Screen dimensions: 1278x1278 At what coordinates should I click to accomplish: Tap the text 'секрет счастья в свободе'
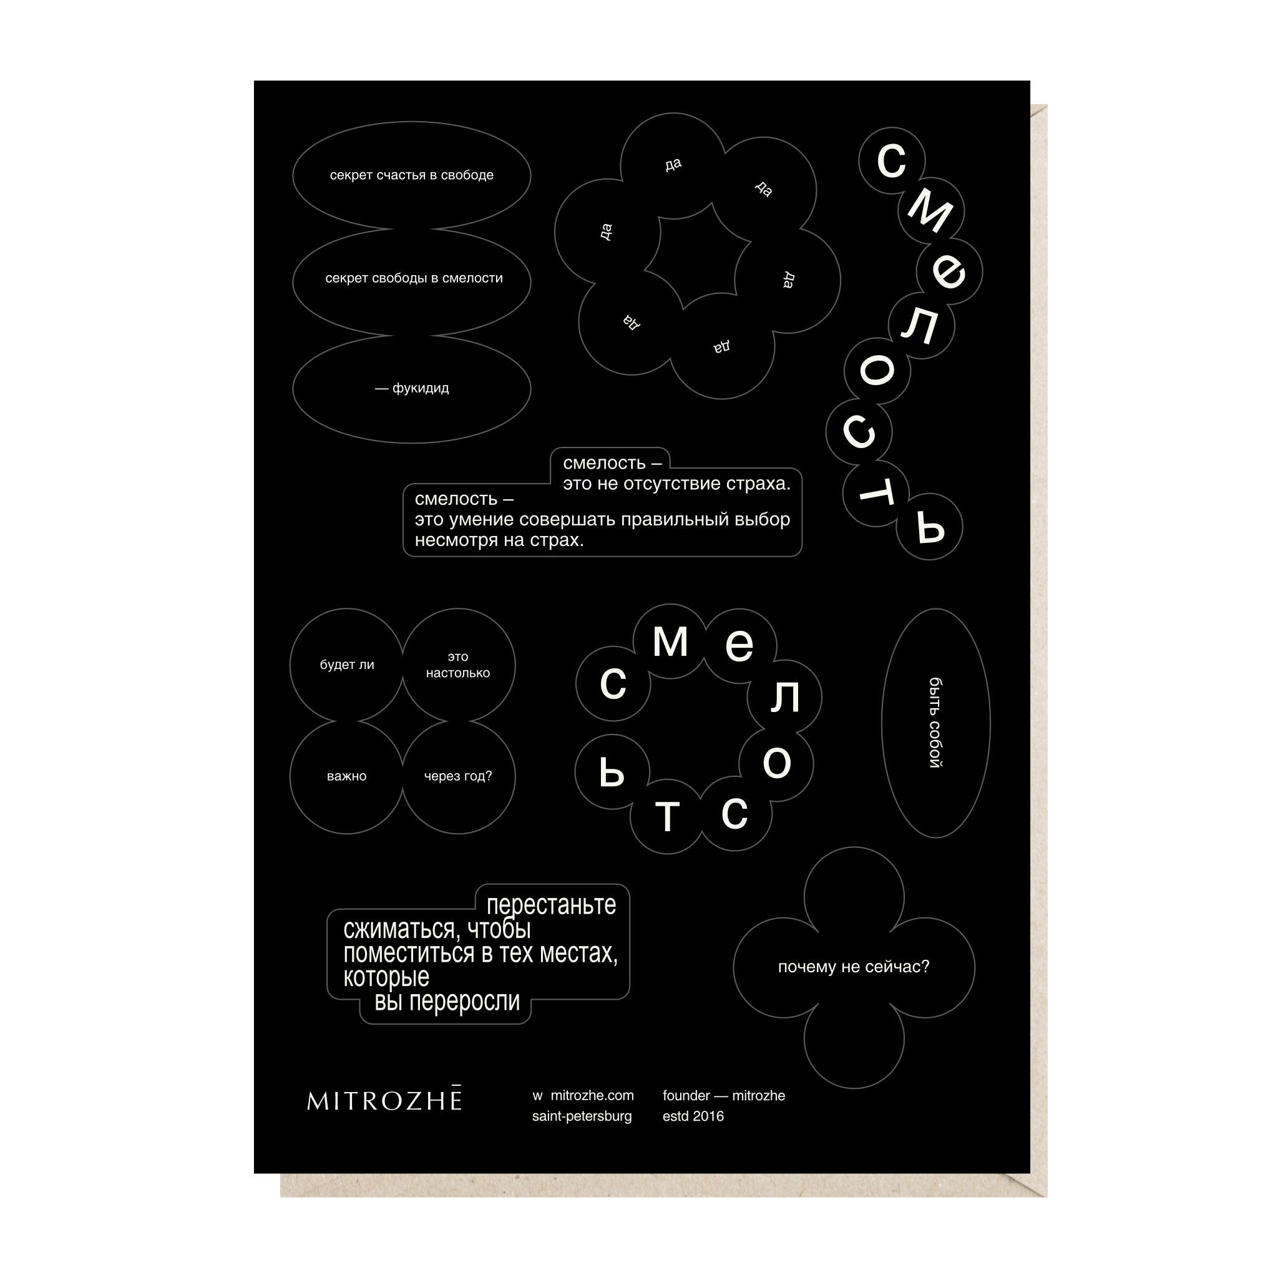(x=411, y=175)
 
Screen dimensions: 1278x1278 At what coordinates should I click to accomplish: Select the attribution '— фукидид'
(x=411, y=388)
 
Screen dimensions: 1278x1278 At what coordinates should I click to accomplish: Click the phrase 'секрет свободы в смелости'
(x=414, y=278)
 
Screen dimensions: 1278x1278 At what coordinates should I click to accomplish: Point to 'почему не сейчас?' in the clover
(x=853, y=967)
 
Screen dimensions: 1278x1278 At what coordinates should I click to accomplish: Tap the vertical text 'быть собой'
(x=935, y=723)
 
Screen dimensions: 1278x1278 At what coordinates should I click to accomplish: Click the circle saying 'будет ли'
(x=346, y=665)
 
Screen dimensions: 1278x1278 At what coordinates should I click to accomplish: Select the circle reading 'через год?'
(x=459, y=776)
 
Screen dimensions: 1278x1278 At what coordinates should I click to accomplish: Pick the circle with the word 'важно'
(x=346, y=776)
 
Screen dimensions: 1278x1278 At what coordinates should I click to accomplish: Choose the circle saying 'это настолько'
(x=459, y=665)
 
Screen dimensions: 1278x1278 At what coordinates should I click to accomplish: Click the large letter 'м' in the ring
(x=670, y=641)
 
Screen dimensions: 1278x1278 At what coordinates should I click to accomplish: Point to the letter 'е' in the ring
(x=739, y=645)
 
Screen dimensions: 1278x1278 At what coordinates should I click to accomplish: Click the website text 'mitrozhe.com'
(x=592, y=1095)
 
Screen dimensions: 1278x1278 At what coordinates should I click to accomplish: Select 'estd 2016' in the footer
(x=693, y=1116)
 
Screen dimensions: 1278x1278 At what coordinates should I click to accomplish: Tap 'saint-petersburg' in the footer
(x=582, y=1116)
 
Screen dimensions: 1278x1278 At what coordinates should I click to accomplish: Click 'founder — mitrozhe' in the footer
(x=724, y=1095)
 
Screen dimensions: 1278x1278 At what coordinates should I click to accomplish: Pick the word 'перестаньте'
(x=551, y=905)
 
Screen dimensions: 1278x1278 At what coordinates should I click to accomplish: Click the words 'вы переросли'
(x=447, y=1002)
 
